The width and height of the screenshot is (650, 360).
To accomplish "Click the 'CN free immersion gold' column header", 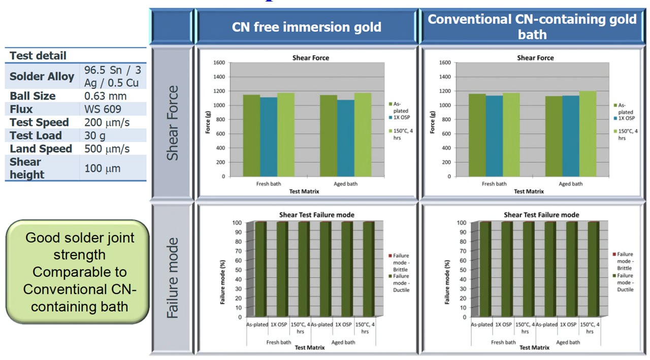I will pos(306,27).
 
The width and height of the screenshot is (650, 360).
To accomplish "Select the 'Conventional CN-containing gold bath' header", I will pos(532,27).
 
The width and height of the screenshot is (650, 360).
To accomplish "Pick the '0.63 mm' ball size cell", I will pos(106,96).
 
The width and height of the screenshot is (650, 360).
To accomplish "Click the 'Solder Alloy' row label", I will pos(42,77).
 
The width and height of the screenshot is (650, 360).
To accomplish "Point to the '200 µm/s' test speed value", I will pos(107,122).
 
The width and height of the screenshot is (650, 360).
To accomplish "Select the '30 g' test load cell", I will pos(95,136).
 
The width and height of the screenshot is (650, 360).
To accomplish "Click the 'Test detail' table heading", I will pos(38,56).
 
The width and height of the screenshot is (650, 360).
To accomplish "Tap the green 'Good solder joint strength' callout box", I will pos(78,272).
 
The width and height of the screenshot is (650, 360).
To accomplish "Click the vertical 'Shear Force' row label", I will pos(173,123).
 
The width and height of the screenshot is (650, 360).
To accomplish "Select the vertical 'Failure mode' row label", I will pos(173,278).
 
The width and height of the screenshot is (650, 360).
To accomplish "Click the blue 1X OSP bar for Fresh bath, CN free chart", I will pos(269,137).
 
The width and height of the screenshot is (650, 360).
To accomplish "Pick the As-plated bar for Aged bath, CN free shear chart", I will pos(328,136).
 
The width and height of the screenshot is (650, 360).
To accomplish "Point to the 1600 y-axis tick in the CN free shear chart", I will pos(219,63).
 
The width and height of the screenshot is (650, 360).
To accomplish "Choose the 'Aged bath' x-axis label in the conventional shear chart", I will pos(570,184).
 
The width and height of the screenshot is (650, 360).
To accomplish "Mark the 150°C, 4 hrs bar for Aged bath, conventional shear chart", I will pos(588,134).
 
